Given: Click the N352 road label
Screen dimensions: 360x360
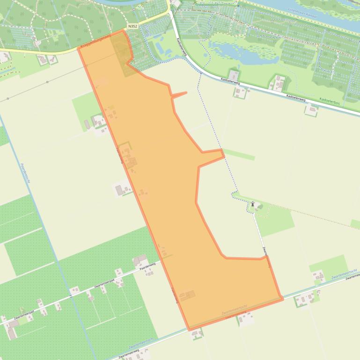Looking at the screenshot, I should [132, 27].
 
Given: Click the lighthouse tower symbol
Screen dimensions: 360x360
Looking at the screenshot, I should [253, 204].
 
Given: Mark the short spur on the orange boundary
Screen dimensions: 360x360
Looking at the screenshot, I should [179, 95].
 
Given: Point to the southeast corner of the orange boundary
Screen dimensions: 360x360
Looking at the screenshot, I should [282, 298].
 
